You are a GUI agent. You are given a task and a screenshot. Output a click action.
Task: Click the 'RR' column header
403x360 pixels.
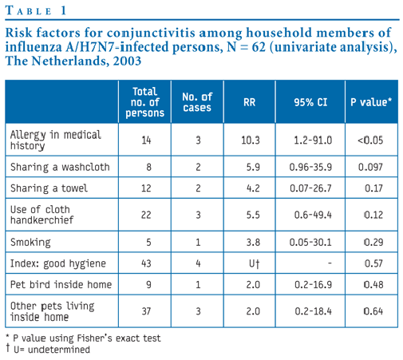pos(249,102)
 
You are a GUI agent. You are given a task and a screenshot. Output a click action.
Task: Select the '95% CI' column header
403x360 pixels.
pos(310,102)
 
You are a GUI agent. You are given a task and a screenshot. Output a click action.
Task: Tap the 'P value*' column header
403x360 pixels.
pos(371,102)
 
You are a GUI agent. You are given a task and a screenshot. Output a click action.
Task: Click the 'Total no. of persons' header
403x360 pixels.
pos(145,102)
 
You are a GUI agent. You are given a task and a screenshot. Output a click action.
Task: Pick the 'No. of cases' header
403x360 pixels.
pos(197,102)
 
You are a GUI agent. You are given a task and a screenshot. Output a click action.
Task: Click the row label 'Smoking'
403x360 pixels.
pos(30,243)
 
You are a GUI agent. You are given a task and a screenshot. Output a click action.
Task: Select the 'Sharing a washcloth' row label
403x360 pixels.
pos(60,167)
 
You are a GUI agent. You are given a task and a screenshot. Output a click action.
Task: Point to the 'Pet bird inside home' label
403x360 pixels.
pos(61,285)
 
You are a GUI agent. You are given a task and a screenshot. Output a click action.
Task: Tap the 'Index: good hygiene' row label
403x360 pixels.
pos(58,263)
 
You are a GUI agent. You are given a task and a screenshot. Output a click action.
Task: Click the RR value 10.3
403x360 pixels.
pos(251,140)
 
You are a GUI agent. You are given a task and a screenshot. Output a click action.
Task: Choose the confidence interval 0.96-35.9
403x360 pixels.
pos(310,167)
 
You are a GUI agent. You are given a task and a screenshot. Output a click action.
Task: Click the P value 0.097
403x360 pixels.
pos(370,167)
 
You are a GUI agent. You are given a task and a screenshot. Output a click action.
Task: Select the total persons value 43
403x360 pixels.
pos(146,263)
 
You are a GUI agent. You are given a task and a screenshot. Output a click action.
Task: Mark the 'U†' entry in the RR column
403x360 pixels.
pos(254,263)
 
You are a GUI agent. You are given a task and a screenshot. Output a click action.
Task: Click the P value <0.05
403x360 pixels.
pos(370,140)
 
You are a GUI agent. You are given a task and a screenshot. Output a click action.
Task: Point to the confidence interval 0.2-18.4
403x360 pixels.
pos(313,311)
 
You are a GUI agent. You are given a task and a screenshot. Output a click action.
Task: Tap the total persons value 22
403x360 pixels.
pos(146,215)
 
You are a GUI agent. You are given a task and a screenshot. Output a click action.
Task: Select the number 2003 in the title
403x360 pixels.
pos(127,61)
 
